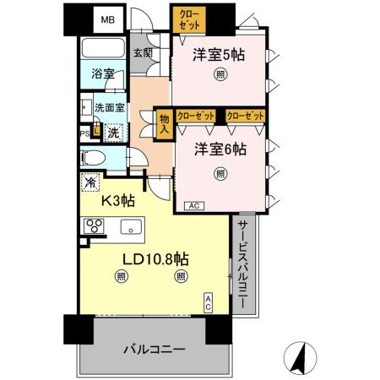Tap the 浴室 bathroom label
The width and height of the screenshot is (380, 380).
coord(103,74)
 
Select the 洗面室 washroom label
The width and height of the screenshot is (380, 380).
coord(110,108)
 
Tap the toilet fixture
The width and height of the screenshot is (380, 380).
coord(95,158)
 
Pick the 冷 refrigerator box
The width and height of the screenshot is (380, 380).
coord(89,182)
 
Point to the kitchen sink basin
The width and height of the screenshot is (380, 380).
coord(131,225)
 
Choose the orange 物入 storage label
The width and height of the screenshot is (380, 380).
coord(165,124)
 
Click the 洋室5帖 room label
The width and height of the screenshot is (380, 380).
coord(220,56)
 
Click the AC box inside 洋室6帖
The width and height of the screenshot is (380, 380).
coord(192,205)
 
